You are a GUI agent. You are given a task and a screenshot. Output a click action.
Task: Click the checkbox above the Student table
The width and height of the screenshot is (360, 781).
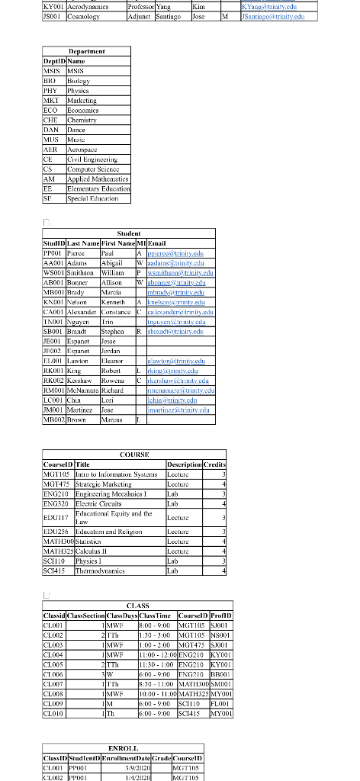click(47, 220)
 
